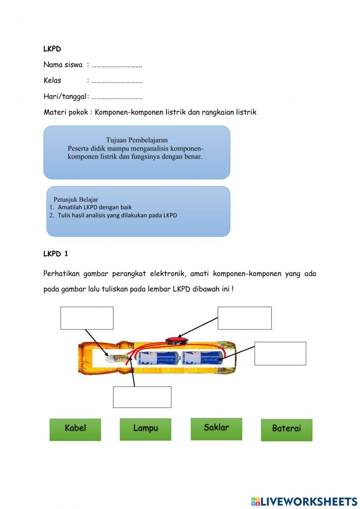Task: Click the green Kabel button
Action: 75,429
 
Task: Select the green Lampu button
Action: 145,429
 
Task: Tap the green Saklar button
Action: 216,429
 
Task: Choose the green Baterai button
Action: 287,429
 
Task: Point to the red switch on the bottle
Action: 177,340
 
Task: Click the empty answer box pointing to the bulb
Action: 87,318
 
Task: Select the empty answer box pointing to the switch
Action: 244,318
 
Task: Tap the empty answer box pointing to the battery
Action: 280,353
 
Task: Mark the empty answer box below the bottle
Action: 142,397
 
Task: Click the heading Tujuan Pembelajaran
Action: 137,140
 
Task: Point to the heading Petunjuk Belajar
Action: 76,199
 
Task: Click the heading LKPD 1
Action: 55,254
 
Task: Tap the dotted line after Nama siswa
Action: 117,66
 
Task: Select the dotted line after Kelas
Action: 117,81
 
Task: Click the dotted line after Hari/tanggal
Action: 117,97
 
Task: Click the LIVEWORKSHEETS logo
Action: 304,501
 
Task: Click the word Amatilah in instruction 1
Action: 70,207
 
